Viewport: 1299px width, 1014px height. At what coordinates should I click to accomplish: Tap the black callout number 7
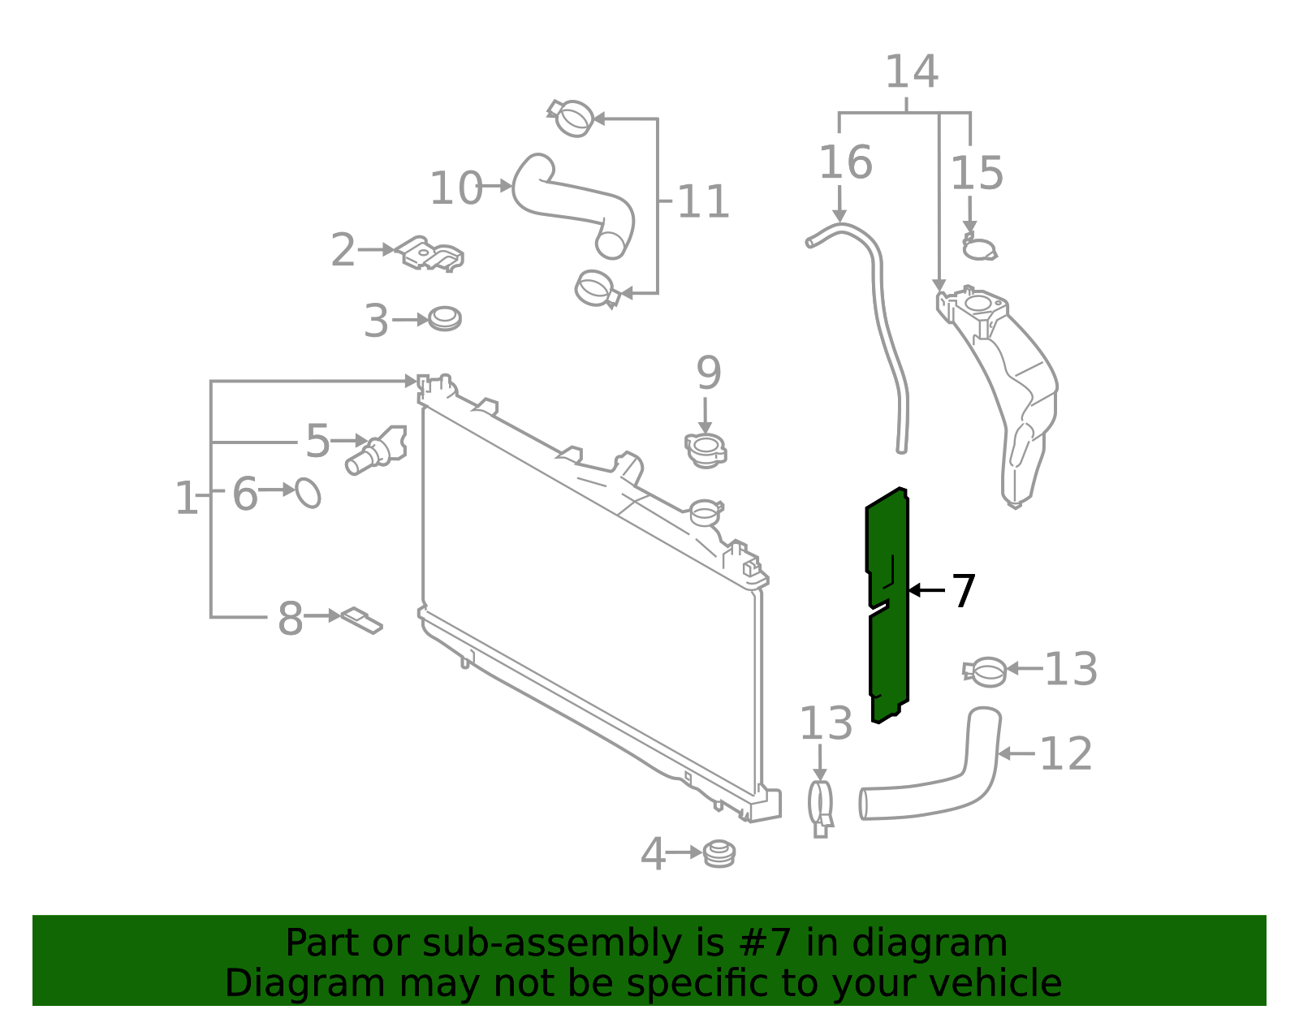963,591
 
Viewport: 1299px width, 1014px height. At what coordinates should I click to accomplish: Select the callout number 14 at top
911,73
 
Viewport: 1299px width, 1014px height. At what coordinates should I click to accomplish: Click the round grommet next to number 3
444,318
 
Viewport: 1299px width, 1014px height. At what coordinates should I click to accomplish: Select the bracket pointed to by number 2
430,254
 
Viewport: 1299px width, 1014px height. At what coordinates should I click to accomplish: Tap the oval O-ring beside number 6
308,492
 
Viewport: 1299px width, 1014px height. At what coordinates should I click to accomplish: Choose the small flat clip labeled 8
361,619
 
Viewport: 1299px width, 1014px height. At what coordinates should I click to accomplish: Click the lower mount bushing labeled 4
719,853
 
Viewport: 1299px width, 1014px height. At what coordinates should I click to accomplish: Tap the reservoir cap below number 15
979,248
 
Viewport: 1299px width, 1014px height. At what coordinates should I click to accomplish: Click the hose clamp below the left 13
821,805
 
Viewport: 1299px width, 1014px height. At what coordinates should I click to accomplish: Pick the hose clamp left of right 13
986,671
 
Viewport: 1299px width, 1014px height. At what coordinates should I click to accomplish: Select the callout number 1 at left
186,498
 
